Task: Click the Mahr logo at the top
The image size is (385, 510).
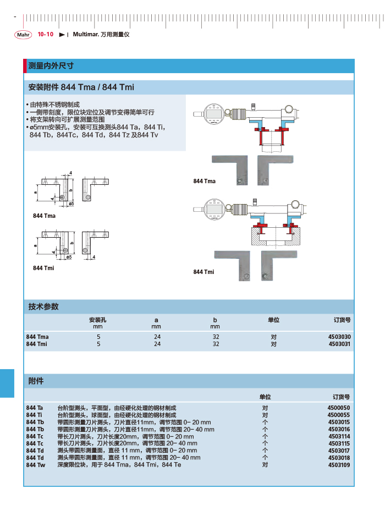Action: click(24, 35)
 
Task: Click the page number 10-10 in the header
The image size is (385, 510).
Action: click(45, 34)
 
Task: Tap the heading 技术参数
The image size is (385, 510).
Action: click(43, 306)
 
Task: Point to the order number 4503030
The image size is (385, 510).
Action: click(339, 337)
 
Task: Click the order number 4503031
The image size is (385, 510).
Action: click(339, 344)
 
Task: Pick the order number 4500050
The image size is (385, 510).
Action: click(339, 408)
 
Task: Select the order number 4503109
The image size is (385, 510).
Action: click(339, 465)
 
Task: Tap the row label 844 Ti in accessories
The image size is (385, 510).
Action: click(34, 415)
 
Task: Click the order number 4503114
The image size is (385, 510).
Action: click(339, 436)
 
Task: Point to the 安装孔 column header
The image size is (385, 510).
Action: click(98, 320)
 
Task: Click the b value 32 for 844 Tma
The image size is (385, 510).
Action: click(216, 337)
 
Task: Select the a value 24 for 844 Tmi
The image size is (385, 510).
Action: click(157, 344)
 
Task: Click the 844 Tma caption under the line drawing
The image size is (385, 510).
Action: click(44, 216)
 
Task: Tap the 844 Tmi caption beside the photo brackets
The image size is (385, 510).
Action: click(204, 272)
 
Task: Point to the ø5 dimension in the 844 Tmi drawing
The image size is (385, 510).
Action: click(68, 257)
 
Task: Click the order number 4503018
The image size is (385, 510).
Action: click(339, 458)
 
